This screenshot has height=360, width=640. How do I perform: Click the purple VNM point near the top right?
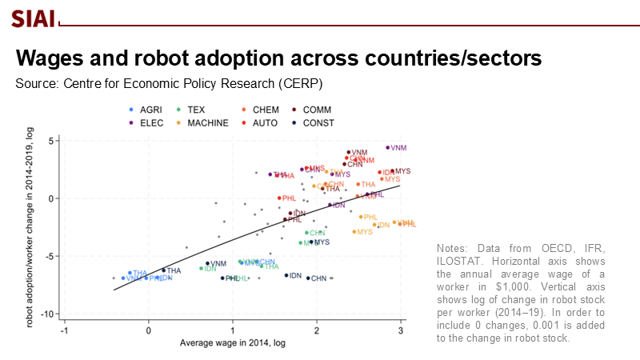coord(388,147)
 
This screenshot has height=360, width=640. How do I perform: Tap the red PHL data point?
coord(279,198)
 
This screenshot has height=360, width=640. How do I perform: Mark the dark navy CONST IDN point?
coord(286,275)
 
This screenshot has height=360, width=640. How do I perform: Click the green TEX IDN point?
coord(202,268)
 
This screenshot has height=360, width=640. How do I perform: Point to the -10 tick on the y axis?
coord(50,314)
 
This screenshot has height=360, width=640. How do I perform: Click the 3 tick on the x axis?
coord(401,330)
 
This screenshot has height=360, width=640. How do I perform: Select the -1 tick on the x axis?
coord(64,330)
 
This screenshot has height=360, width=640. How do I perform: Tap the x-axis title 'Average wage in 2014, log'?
coord(232,342)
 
